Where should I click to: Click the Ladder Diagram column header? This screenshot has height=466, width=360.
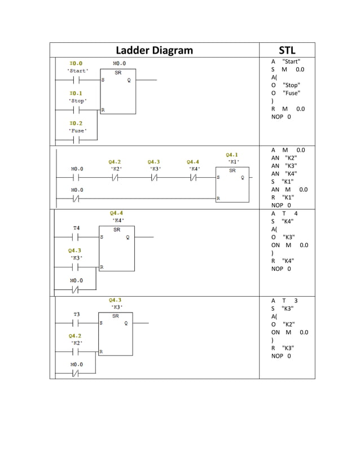click(154, 50)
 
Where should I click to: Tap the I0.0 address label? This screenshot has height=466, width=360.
click(76, 63)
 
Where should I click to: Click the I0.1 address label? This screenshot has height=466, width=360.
click(76, 93)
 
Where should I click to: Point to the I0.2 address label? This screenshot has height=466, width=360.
click(76, 123)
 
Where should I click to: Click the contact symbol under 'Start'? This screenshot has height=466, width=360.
click(77, 81)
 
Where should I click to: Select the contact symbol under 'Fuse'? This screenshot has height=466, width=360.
click(77, 140)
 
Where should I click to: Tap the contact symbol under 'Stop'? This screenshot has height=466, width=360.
click(77, 110)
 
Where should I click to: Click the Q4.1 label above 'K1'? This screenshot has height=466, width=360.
click(231, 154)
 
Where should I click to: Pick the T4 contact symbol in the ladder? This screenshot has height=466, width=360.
click(77, 238)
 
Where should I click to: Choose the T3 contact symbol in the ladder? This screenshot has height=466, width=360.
click(77, 323)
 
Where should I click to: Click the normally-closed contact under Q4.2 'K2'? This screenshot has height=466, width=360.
click(115, 177)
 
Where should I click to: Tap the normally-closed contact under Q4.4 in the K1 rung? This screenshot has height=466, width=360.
click(193, 177)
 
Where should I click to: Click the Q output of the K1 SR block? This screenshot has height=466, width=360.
click(242, 177)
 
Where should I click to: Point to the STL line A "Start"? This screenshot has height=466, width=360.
click(286, 61)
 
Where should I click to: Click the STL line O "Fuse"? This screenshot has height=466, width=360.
click(286, 93)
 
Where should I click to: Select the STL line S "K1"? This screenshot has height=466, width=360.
click(284, 182)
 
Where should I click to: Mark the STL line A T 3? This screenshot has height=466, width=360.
click(284, 301)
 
